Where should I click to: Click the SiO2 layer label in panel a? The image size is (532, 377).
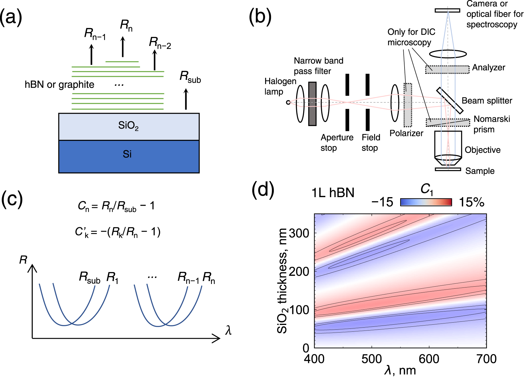pyautogui.click(x=128, y=126)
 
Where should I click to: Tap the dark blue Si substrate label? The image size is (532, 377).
pyautogui.click(x=127, y=154)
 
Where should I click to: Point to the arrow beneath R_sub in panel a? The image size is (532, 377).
pyautogui.click(x=186, y=99)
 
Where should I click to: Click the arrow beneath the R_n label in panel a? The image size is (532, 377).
pyautogui.click(x=123, y=47)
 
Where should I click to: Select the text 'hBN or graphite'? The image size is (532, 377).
pyautogui.click(x=59, y=85)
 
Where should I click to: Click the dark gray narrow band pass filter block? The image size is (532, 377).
pyautogui.click(x=312, y=104)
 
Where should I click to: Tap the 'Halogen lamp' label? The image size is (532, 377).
pyautogui.click(x=280, y=86)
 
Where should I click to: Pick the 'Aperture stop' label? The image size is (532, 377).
pyautogui.click(x=337, y=142)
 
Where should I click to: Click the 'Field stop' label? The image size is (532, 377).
pyautogui.click(x=371, y=142)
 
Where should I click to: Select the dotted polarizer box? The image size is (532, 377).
pyautogui.click(x=407, y=105)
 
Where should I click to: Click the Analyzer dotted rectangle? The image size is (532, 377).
pyautogui.click(x=447, y=69)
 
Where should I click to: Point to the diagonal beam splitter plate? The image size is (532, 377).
pyautogui.click(x=450, y=100)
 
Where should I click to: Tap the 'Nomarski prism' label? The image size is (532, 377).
pyautogui.click(x=491, y=124)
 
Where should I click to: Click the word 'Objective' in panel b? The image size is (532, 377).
pyautogui.click(x=482, y=150)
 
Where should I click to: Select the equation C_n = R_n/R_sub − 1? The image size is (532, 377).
pyautogui.click(x=116, y=206)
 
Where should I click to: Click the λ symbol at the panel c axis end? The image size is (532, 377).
pyautogui.click(x=228, y=330)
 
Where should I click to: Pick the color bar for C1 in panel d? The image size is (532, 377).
pyautogui.click(x=426, y=202)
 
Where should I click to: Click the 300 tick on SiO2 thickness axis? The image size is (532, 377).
pyautogui.click(x=299, y=233)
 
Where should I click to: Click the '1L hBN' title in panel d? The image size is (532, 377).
pyautogui.click(x=333, y=193)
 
